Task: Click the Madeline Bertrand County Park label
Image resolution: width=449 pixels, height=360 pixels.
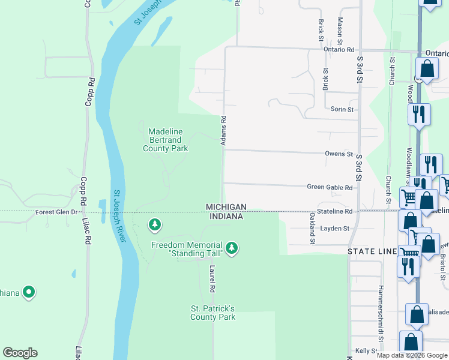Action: click(x=165, y=140)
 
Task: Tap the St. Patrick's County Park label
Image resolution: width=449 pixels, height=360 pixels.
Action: click(x=213, y=313)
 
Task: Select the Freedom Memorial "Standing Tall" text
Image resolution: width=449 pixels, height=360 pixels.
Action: click(x=187, y=249)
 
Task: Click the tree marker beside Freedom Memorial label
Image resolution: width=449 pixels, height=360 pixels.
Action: click(x=232, y=248)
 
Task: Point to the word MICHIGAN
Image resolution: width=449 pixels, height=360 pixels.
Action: click(x=226, y=206)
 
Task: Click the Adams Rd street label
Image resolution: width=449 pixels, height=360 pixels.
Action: click(x=223, y=130)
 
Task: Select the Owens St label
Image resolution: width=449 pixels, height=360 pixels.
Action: click(x=339, y=154)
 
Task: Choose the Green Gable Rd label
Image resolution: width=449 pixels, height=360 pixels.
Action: click(x=330, y=187)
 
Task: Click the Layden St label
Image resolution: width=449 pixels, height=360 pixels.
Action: click(x=335, y=229)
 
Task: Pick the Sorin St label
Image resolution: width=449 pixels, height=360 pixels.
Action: click(x=342, y=109)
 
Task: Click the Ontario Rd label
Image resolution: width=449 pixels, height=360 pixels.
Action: click(x=339, y=50)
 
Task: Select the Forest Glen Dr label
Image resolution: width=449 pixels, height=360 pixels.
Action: click(x=56, y=212)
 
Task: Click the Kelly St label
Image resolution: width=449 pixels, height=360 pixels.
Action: click(x=366, y=350)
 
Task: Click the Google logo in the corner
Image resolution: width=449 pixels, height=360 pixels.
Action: click(x=20, y=353)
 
